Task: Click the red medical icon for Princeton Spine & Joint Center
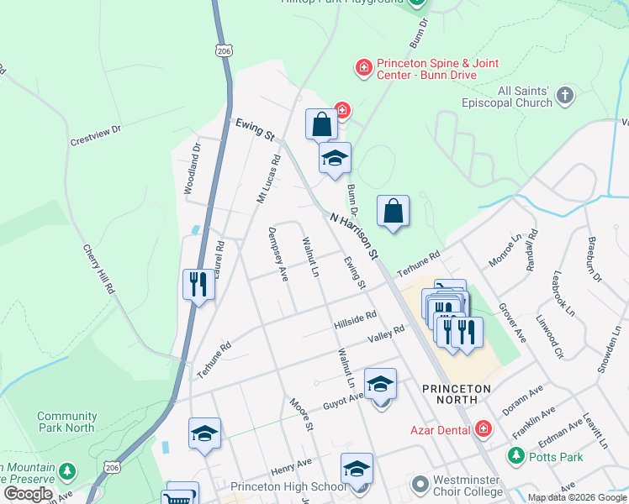[x=363, y=67]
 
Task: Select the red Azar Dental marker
[x=483, y=429]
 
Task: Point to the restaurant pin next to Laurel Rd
[x=198, y=284]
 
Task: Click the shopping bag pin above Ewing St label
[x=321, y=125]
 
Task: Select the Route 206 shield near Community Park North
[x=113, y=466]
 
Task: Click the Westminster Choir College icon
[x=420, y=485]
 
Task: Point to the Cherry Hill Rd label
[x=98, y=270]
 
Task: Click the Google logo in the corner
[x=29, y=494]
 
